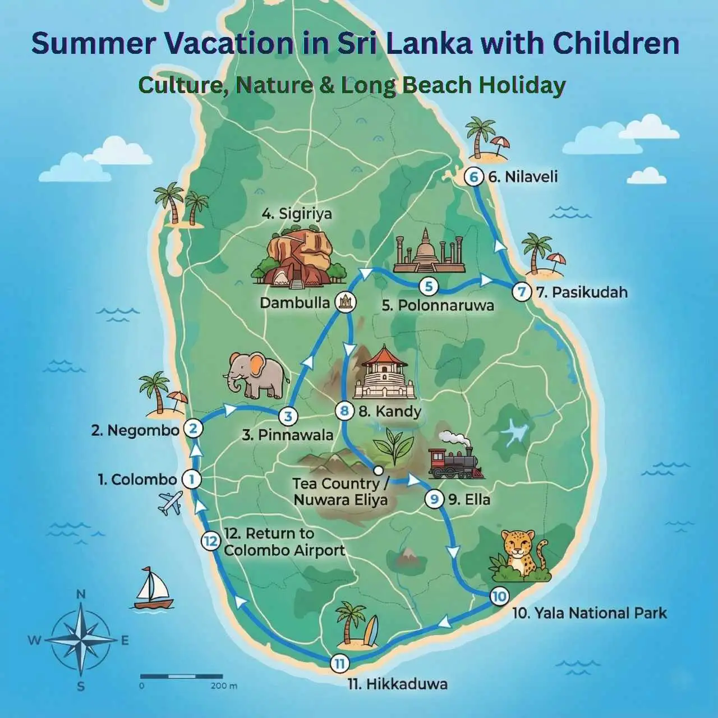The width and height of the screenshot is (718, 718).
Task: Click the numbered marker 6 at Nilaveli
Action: coord(474,177)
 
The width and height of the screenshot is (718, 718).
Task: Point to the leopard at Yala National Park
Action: coord(520,555)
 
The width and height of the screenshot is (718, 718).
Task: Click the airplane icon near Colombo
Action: coord(171,503)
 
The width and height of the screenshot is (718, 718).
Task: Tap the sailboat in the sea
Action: coord(153,588)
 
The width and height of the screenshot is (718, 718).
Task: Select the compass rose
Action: coord(81,639)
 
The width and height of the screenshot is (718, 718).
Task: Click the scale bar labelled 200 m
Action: coord(182,678)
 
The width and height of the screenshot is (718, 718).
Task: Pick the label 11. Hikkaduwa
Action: coord(398,684)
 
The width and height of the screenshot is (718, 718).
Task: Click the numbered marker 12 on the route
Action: coord(210,541)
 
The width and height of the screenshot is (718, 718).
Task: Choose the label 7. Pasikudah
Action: coord(582,292)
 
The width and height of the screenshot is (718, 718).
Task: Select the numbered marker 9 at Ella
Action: coord(434,499)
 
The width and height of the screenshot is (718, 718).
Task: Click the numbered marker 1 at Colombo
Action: coord(192,480)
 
